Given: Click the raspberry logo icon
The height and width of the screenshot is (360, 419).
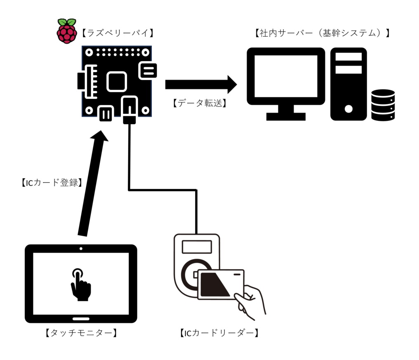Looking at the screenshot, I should [x=66, y=31].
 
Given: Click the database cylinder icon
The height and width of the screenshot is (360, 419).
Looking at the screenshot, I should [x=383, y=105].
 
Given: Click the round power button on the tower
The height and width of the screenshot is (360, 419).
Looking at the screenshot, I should [x=348, y=109].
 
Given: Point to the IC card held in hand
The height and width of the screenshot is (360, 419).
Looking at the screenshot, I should [x=221, y=284].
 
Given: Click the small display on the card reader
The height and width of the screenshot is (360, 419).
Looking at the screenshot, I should [x=197, y=247].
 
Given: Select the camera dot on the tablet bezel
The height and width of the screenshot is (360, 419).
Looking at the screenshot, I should [x=80, y=249].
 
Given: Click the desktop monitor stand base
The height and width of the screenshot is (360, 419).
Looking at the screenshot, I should [x=286, y=116].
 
